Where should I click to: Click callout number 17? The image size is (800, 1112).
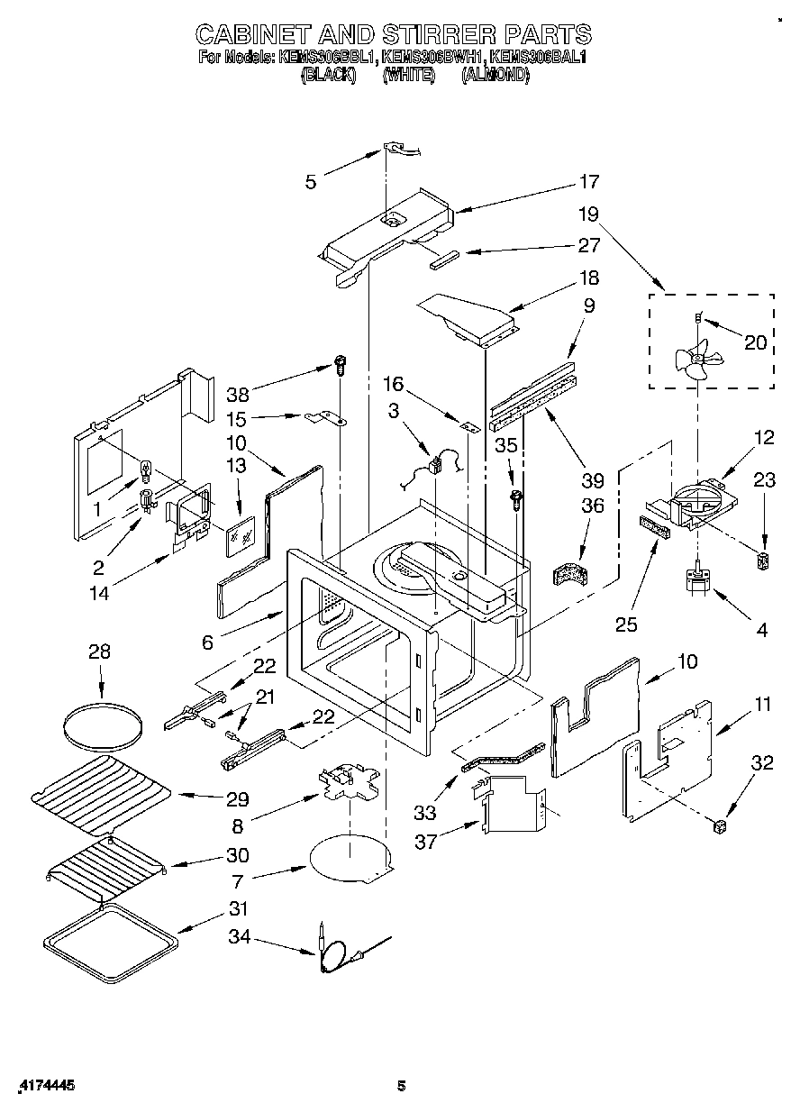click(x=588, y=182)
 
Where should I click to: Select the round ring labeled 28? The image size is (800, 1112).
click(x=102, y=724)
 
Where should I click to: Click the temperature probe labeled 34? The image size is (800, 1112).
click(x=338, y=951)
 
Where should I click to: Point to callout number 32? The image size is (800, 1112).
click(x=762, y=762)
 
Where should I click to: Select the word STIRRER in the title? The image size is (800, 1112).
click(x=424, y=34)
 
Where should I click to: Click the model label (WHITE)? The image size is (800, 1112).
click(x=408, y=77)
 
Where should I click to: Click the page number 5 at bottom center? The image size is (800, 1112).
click(x=403, y=1086)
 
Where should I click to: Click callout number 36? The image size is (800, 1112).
click(x=591, y=506)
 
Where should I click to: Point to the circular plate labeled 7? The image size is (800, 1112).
click(x=347, y=856)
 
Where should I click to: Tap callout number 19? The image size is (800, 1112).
click(x=588, y=215)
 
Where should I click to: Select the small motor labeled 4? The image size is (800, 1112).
click(x=697, y=579)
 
